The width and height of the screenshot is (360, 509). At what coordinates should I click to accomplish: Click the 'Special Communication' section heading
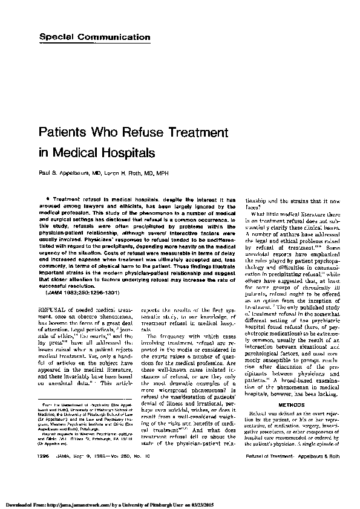(95, 37)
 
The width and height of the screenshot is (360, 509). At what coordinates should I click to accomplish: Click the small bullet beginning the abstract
(47, 198)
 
